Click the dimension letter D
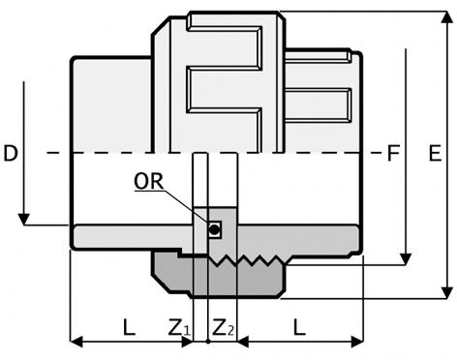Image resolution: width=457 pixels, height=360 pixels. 11,153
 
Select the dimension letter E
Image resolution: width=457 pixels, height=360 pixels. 435,153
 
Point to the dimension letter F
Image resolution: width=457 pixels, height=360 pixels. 393,153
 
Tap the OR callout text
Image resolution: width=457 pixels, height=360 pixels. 149,181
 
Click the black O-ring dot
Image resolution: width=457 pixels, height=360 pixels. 214,229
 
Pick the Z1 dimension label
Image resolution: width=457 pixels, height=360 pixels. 180,327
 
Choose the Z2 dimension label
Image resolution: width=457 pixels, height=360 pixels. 223,327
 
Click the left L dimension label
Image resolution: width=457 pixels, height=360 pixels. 129,327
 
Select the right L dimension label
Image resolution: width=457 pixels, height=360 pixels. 299,327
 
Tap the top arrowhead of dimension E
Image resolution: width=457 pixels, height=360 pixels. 447,16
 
